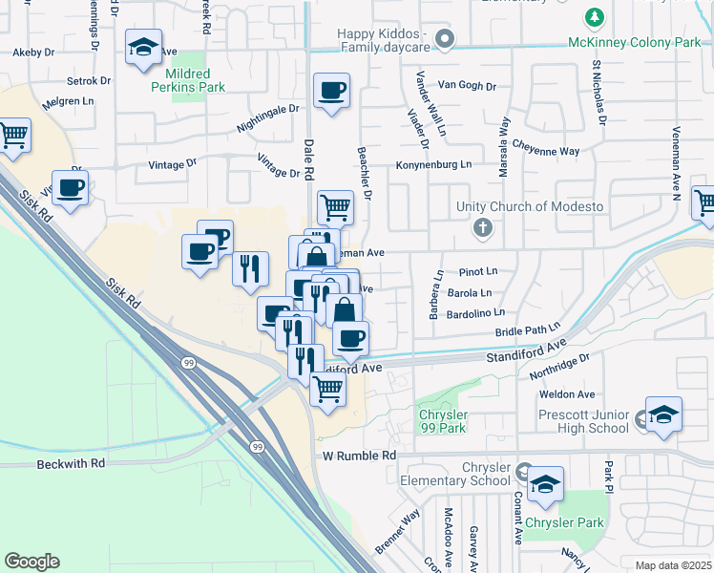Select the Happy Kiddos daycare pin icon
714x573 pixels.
click(443, 38)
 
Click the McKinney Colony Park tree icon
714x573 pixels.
click(596, 17)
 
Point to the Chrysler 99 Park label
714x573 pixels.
click(443, 421)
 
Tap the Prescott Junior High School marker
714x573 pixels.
click(663, 415)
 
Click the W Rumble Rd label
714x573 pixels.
click(358, 456)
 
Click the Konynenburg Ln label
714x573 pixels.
click(434, 165)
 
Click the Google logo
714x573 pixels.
click(31, 562)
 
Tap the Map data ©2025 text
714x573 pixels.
click(673, 565)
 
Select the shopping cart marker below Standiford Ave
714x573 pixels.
click(327, 388)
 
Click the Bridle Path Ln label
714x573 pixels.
click(527, 330)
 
